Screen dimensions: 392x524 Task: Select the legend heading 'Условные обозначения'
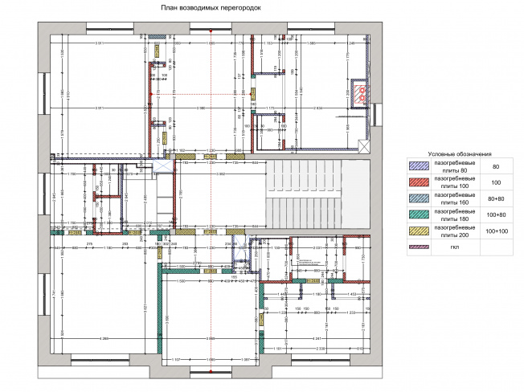459,153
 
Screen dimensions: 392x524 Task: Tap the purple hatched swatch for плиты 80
418,166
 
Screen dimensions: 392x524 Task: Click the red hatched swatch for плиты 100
418,183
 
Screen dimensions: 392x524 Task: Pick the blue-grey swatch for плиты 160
418,199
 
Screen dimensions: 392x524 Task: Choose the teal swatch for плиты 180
418,215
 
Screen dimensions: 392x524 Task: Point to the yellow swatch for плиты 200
418,231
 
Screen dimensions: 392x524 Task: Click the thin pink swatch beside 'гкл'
418,247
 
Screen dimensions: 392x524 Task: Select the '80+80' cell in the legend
496,199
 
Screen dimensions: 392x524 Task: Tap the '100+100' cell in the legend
496,231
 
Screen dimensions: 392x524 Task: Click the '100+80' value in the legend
496,215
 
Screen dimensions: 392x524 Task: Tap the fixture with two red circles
362,93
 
